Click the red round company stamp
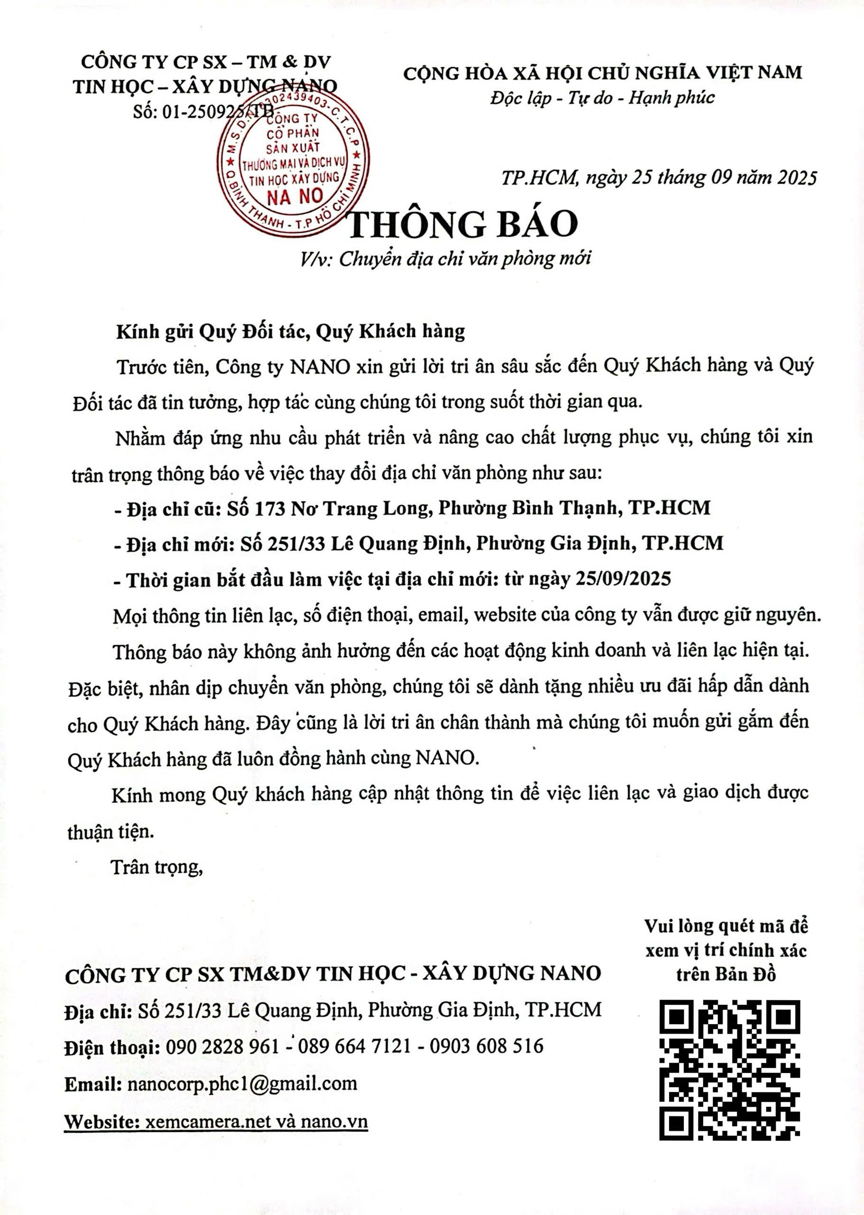[294, 161]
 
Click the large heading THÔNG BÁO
[462, 224]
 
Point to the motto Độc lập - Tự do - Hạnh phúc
[602, 98]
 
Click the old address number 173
[270, 508]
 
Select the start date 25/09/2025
[623, 579]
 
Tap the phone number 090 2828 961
[222, 1046]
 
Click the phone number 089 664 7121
[354, 1046]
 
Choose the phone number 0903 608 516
[486, 1046]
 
